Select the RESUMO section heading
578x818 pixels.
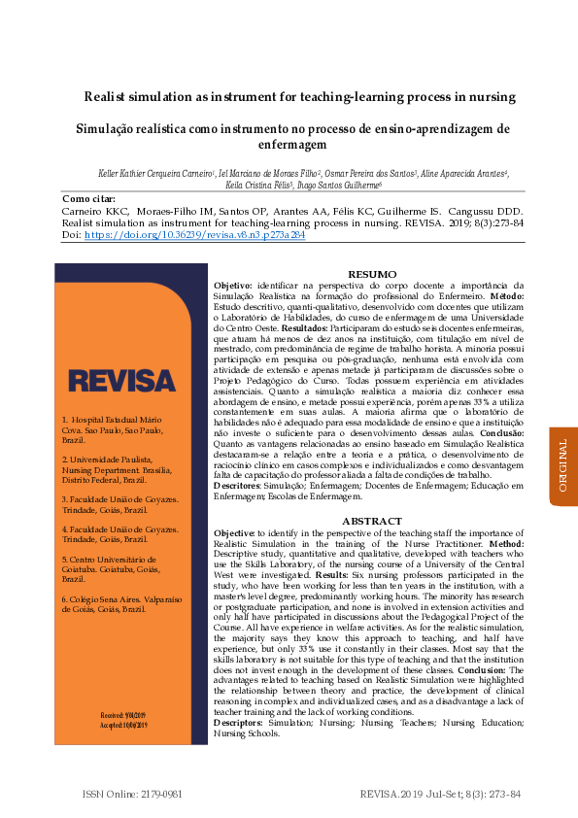(372, 276)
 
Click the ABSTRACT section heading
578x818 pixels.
(372, 522)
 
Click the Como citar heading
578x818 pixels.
(87, 198)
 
